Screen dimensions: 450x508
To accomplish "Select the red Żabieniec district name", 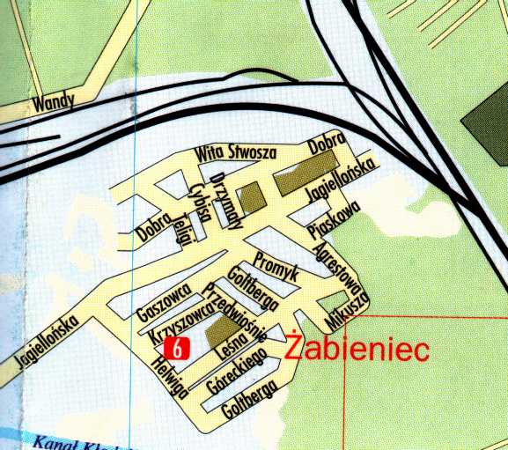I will [x=357, y=350].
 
